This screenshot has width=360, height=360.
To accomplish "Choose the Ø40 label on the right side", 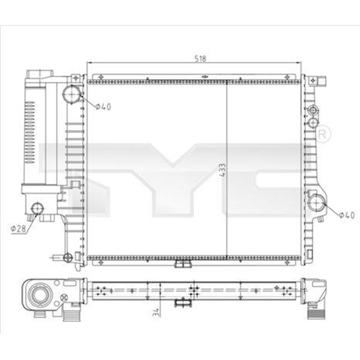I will [x=346, y=216].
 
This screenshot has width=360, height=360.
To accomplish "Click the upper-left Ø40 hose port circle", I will [x=72, y=94].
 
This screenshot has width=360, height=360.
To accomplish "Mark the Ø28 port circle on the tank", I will [x=38, y=208].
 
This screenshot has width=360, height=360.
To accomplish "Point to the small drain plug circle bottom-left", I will [x=67, y=257].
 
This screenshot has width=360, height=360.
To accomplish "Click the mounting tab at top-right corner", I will [x=322, y=81].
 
